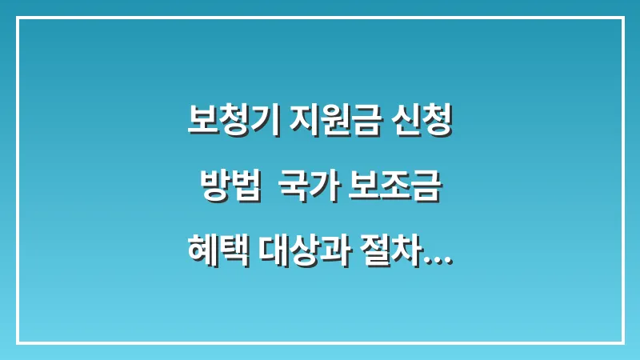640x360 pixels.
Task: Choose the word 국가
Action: [x=304, y=191]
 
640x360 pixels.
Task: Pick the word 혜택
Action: [x=217, y=258]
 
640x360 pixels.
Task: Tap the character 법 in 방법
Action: [x=243, y=191]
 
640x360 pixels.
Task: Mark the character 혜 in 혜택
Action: [x=202, y=258]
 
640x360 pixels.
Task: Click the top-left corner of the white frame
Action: [x=18, y=18]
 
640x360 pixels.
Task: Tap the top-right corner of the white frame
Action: [x=622, y=18]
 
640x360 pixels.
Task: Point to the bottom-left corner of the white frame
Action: [x=18, y=342]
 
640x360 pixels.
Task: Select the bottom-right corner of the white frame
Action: [x=622, y=342]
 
